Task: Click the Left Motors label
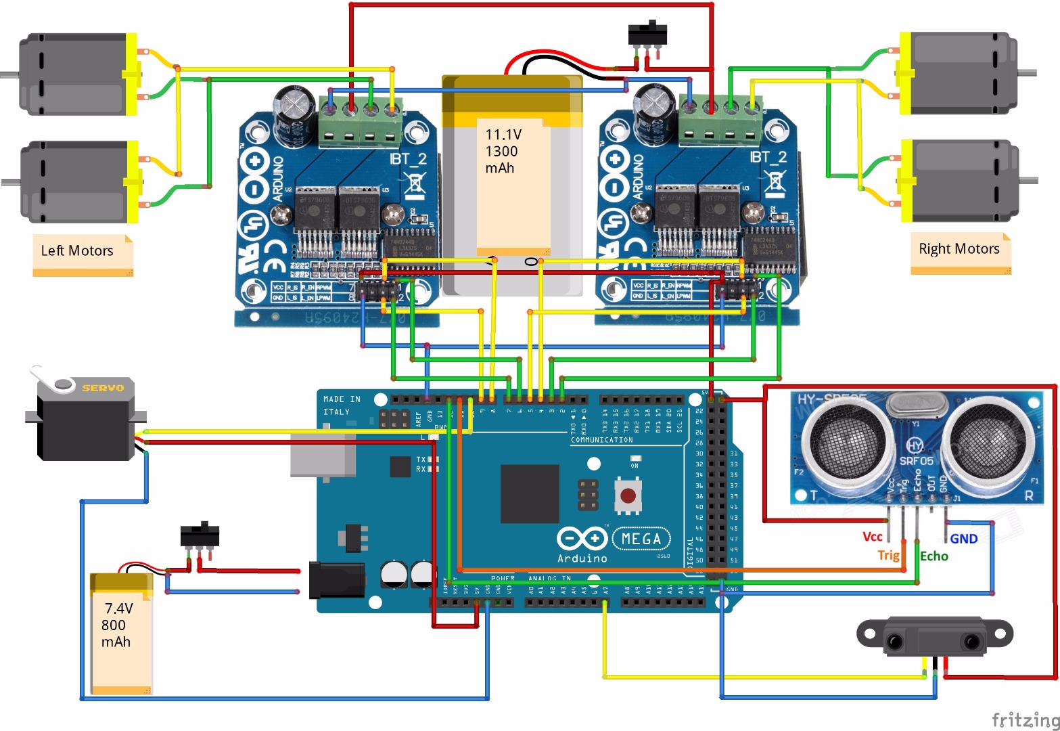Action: click(x=77, y=250)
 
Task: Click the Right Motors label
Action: click(x=959, y=248)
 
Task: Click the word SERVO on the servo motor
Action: click(x=103, y=388)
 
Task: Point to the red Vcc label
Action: click(x=872, y=537)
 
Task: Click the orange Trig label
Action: click(x=888, y=555)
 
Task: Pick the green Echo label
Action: click(x=934, y=556)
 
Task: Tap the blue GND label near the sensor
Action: click(x=964, y=539)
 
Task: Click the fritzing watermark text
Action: click(x=1024, y=719)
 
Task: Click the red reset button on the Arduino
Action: click(x=628, y=496)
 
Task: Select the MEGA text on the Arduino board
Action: click(x=641, y=539)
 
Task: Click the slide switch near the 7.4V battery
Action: click(x=200, y=535)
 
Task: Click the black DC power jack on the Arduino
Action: click(x=336, y=580)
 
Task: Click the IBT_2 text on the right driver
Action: click(x=768, y=158)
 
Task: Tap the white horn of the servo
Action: click(x=51, y=380)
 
